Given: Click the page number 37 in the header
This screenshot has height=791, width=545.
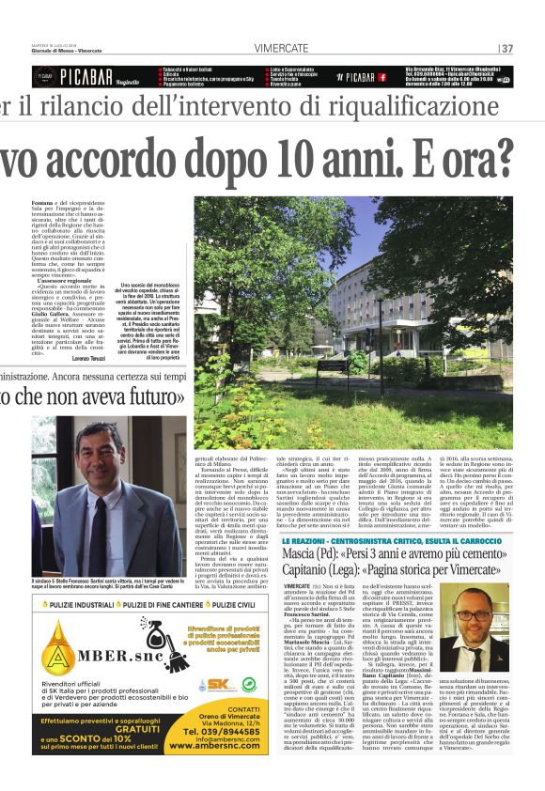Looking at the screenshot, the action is [x=508, y=49].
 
